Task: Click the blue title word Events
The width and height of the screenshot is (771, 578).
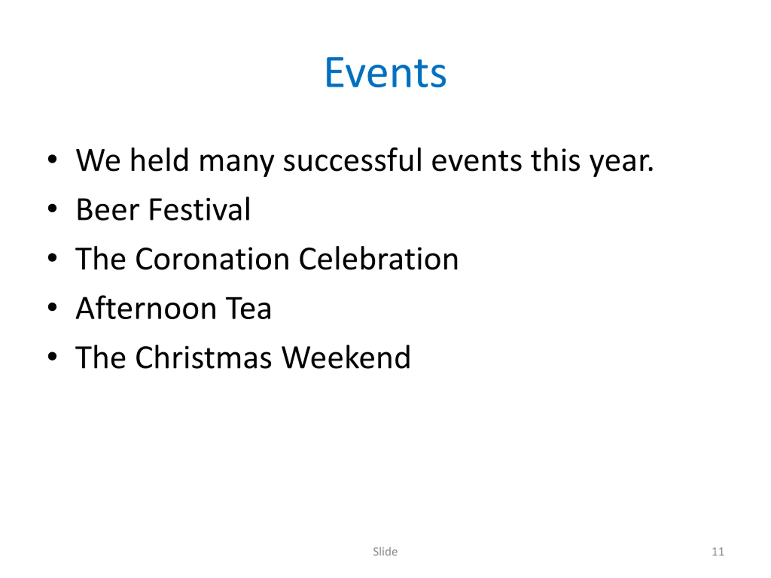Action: [x=385, y=73]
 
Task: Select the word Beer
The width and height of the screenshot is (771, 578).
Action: [x=108, y=210]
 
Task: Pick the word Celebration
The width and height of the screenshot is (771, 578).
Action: [x=379, y=259]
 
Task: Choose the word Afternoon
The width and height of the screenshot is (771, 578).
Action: [x=146, y=308]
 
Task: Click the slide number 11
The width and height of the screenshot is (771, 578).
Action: [x=718, y=552]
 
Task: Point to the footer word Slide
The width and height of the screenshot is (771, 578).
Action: [x=385, y=552]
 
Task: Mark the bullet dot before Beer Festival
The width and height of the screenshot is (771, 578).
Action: [x=52, y=209]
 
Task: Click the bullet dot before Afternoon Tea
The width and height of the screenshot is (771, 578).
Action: [x=52, y=308]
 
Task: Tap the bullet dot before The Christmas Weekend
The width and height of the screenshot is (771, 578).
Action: [x=52, y=357]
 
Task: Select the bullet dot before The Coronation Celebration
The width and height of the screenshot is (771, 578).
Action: [x=52, y=258]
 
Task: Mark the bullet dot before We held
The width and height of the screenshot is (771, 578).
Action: [x=52, y=160]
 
